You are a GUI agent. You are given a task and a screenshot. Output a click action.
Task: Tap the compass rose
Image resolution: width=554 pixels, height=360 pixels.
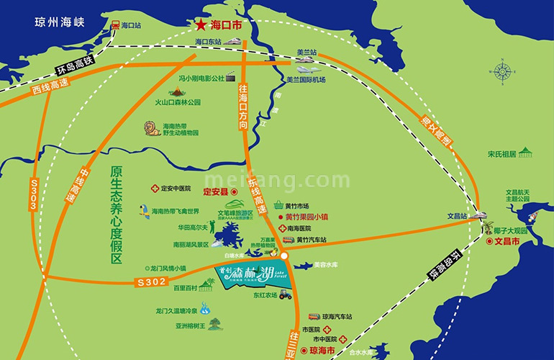coord(501,71)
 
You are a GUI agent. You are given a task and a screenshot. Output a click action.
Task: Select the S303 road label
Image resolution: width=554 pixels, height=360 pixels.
coord(32,195)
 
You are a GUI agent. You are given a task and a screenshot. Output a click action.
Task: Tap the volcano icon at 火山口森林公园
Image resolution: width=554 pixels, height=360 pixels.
coord(176,94)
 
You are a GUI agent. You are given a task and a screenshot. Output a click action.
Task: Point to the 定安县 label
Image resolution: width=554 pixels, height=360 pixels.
coord(215,192)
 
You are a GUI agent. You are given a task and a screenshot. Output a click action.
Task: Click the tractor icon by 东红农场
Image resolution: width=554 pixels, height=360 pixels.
coord(285,294)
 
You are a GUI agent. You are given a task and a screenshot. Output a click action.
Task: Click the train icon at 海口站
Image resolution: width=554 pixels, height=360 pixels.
coord(115,25)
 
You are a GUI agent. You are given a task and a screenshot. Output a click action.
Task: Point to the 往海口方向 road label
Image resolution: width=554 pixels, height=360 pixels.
coord(242,105)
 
